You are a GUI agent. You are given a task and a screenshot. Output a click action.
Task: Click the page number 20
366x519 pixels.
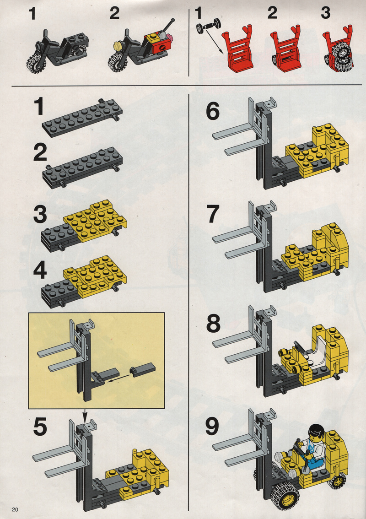(x=15, y=509)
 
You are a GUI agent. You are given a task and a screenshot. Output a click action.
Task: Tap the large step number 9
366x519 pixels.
(x=212, y=427)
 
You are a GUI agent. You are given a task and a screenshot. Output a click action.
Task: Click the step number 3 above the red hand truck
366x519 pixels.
(x=326, y=13)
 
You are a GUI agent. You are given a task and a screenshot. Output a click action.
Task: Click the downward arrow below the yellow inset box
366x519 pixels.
(x=85, y=416)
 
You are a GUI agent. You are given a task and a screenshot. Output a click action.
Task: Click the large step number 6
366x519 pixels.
(x=212, y=111)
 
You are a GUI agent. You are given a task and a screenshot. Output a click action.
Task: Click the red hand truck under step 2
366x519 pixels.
(x=285, y=47)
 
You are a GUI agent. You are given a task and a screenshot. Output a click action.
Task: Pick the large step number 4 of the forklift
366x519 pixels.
(x=40, y=271)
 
